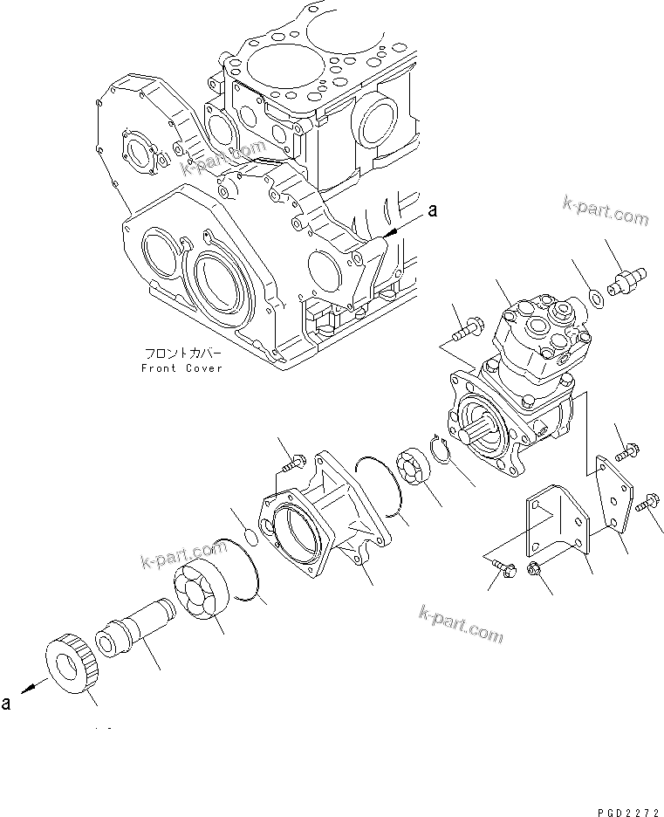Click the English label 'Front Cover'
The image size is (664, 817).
[x=181, y=368]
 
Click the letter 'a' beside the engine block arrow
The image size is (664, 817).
[x=430, y=211]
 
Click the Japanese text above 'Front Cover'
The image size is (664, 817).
[x=181, y=354]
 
